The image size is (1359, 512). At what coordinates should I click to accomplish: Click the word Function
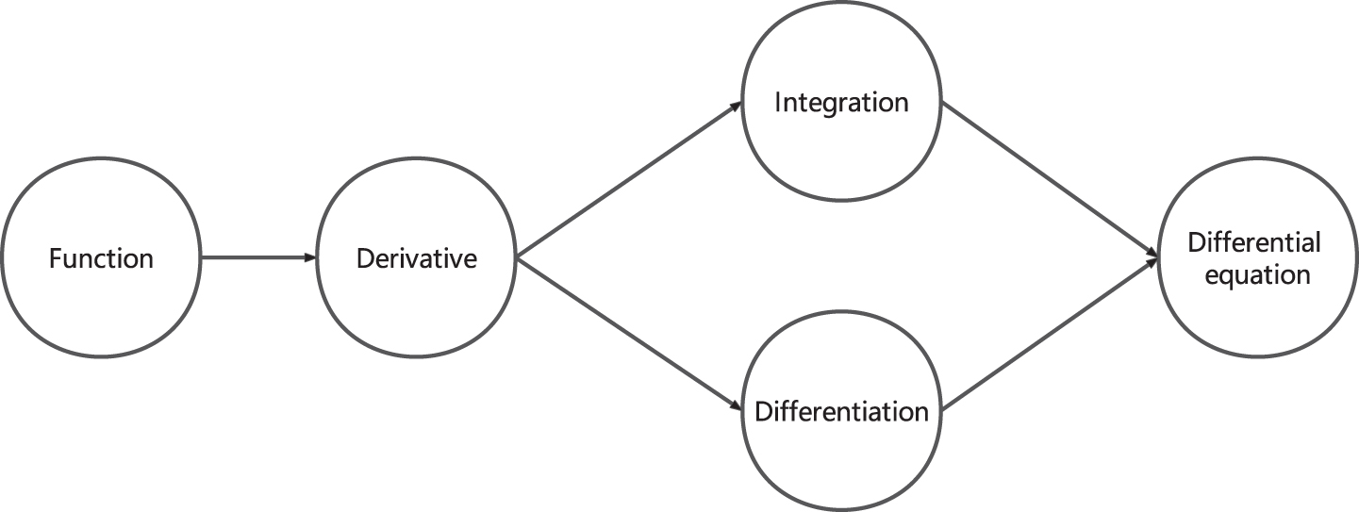tap(101, 258)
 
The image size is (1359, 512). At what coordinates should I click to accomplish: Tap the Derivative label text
tap(416, 258)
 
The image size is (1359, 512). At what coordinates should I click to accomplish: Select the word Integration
tap(841, 103)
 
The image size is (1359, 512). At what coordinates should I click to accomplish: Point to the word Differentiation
tap(841, 412)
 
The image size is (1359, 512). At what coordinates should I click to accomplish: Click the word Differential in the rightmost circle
tap(1254, 242)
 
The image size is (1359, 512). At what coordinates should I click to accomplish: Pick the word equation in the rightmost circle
tap(1257, 275)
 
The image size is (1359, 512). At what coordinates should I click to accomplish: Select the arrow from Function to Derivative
tap(259, 257)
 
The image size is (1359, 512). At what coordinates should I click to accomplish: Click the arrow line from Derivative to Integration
tap(628, 179)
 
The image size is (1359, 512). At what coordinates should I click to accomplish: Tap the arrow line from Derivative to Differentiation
tap(628, 335)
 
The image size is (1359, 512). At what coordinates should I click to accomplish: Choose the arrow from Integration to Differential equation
tap(1050, 180)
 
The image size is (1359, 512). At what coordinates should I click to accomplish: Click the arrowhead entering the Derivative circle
tap(310, 257)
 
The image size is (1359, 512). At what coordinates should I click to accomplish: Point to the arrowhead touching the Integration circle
tap(736, 106)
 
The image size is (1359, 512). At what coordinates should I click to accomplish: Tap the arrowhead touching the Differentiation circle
tap(736, 407)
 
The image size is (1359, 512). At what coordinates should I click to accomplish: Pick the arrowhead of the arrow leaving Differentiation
tap(1152, 263)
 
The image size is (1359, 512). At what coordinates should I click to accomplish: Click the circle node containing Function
tap(101, 158)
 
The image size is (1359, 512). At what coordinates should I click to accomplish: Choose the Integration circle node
tap(841, 3)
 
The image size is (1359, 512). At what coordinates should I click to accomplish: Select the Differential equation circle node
tap(1257, 158)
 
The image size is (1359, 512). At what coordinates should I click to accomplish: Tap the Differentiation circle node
tap(841, 312)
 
